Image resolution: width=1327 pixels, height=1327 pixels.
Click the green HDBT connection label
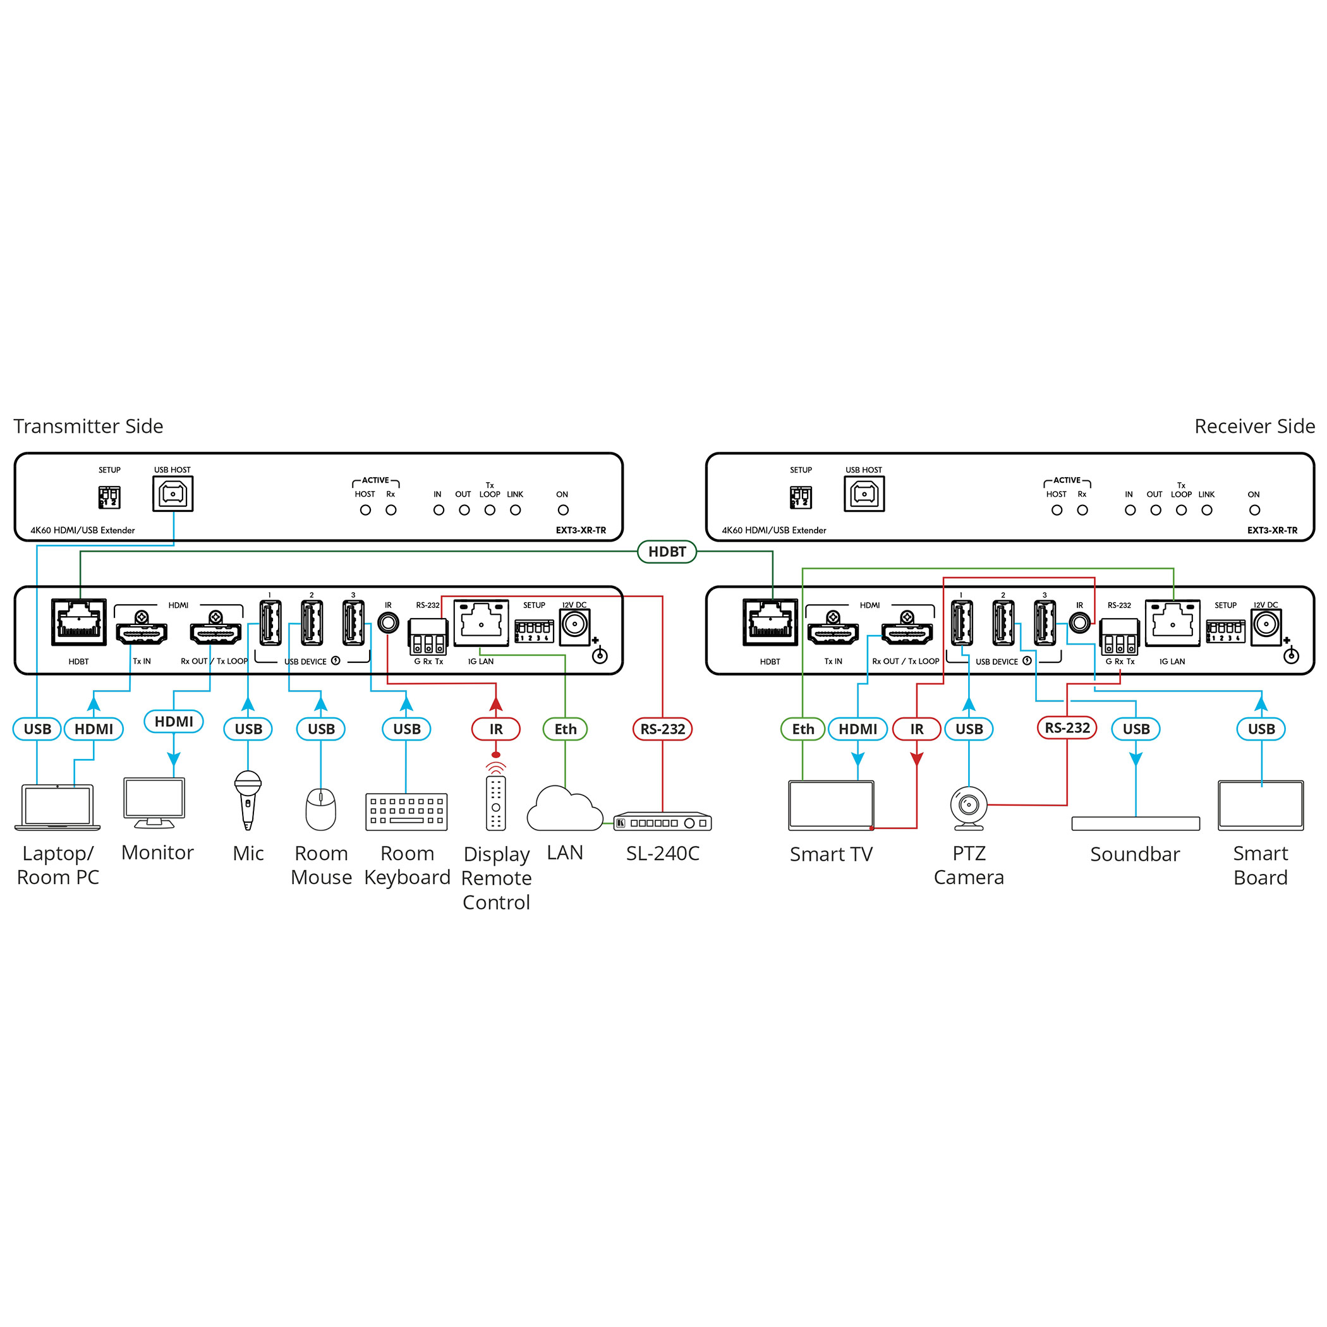666,552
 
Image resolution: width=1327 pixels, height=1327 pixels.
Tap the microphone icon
248,800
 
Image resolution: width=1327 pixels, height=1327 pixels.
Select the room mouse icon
321,809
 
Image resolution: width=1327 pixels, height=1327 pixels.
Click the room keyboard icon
406,812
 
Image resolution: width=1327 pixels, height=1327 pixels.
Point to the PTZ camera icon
969,808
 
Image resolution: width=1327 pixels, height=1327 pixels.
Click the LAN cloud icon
564,808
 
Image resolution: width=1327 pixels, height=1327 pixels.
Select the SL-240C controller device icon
662,822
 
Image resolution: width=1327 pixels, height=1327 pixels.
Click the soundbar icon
1136,823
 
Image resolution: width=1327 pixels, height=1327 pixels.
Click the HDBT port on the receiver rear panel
770,622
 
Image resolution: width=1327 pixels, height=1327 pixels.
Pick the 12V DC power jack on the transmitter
574,626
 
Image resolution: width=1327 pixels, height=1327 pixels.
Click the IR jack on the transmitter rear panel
388,623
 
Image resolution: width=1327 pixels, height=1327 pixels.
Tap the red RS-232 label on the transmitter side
662,729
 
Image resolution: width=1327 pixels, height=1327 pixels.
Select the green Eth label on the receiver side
803,729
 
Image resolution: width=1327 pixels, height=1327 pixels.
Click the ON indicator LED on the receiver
1254,511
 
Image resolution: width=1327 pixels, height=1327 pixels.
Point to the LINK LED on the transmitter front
515,511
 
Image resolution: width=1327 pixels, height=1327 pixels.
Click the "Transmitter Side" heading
88,426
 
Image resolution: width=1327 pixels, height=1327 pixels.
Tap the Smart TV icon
831,806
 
